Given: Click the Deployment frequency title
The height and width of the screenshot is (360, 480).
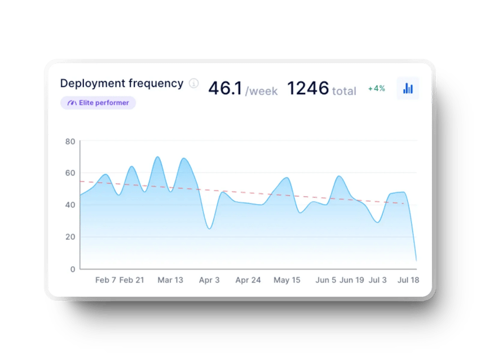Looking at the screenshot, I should click(x=121, y=84).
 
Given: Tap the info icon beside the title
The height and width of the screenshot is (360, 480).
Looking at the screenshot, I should click(x=194, y=84).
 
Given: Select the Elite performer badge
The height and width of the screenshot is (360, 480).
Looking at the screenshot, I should click(x=98, y=103).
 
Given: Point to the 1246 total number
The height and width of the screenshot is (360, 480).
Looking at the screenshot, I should click(x=308, y=89).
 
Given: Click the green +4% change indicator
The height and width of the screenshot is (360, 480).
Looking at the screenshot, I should click(x=376, y=89).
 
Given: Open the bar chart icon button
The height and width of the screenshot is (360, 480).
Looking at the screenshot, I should click(x=408, y=89).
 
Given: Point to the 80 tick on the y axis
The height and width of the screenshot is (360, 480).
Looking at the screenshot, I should click(x=70, y=141).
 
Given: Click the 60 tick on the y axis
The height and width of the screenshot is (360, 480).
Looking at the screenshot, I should click(x=70, y=173).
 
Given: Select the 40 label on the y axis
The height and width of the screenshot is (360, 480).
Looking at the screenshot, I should click(x=70, y=205).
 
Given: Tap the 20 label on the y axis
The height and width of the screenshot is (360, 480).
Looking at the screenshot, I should click(x=70, y=237).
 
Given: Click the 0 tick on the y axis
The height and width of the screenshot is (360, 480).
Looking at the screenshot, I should click(x=72, y=269).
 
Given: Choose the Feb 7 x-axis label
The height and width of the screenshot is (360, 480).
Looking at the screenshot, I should click(x=105, y=280).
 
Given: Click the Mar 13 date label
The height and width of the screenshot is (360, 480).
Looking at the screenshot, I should click(x=170, y=280).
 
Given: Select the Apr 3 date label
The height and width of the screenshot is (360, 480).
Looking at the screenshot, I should click(x=209, y=280).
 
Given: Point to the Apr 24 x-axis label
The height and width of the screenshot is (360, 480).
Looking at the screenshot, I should click(x=248, y=280).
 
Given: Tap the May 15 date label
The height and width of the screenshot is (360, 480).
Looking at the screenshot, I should click(x=287, y=280).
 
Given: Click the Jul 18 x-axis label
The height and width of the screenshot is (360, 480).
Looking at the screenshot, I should click(x=408, y=280).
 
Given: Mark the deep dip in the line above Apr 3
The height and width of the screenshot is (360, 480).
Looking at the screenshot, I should click(x=209, y=229).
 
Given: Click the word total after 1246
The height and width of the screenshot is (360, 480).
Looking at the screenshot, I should click(x=344, y=91).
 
